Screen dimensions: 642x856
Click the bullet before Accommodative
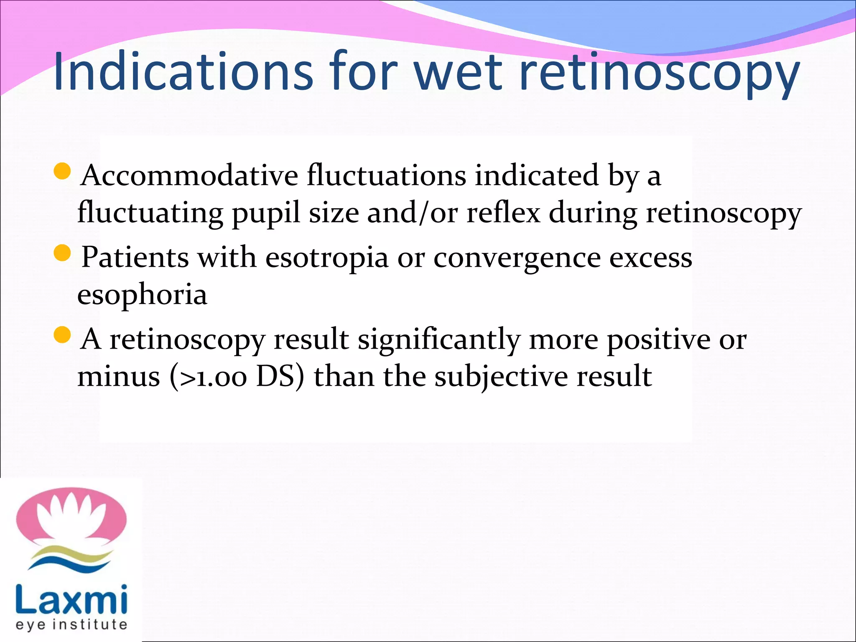(x=63, y=171)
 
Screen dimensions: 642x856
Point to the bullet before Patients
(x=63, y=253)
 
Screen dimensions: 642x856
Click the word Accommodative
(x=190, y=176)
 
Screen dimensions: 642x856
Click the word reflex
(x=503, y=213)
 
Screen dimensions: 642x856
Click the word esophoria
(x=143, y=295)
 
